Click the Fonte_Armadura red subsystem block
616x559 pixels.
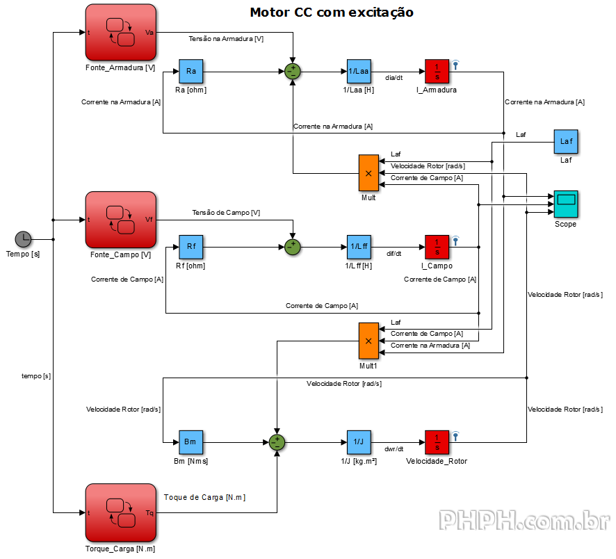pyautogui.click(x=120, y=33)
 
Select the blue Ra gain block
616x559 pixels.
pyautogui.click(x=191, y=71)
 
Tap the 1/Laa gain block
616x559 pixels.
pyautogui.click(x=359, y=71)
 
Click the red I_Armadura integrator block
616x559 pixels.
pyautogui.click(x=437, y=71)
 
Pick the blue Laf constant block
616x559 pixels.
pyautogui.click(x=566, y=142)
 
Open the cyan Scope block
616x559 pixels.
pyautogui.click(x=566, y=203)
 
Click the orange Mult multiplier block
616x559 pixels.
pyautogui.click(x=368, y=172)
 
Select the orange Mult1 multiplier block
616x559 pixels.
pyautogui.click(x=368, y=340)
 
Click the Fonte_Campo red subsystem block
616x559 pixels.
pyautogui.click(x=120, y=220)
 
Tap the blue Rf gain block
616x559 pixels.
pyautogui.click(x=191, y=246)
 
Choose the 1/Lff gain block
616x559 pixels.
pyautogui.click(x=359, y=246)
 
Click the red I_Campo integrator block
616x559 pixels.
pyautogui.click(x=437, y=246)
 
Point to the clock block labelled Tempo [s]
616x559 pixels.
pyautogui.click(x=23, y=239)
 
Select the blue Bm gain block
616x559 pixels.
pyautogui.click(x=191, y=441)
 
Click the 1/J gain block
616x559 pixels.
pyautogui.click(x=359, y=441)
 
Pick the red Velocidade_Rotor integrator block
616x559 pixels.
pyautogui.click(x=437, y=441)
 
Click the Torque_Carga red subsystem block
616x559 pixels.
pyautogui.click(x=120, y=512)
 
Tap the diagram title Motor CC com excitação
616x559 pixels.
pyautogui.click(x=332, y=13)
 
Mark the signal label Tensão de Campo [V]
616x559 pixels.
pyautogui.click(x=227, y=212)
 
